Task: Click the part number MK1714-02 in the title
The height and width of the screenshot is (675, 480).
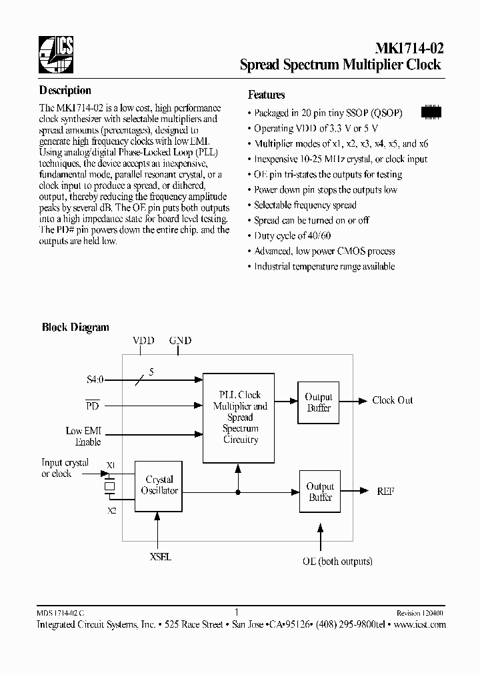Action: click(406, 49)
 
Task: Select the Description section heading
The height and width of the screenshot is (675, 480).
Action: click(65, 91)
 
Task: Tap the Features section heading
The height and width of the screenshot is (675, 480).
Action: click(266, 95)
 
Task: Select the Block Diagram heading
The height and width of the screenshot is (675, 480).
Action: click(75, 327)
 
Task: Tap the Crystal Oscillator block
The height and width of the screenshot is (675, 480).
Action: click(159, 486)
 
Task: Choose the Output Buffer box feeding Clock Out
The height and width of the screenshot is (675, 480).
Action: click(319, 402)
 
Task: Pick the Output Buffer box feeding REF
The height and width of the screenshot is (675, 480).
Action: click(320, 492)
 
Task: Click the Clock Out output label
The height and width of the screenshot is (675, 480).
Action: click(392, 400)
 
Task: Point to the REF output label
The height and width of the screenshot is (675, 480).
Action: click(385, 491)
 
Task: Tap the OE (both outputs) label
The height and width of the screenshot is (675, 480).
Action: click(337, 561)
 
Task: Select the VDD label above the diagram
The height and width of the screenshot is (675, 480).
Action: click(143, 340)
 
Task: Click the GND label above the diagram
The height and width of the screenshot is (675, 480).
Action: click(180, 340)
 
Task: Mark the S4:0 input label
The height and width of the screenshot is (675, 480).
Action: click(95, 380)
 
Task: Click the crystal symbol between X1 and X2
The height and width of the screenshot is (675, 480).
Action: click(110, 488)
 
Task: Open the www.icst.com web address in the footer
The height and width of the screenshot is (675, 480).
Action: click(419, 625)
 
